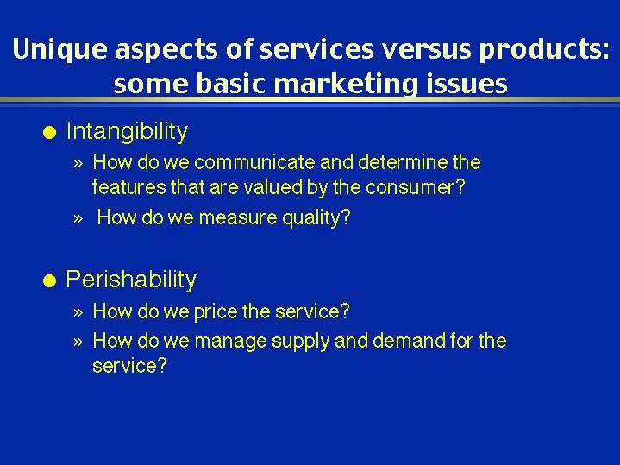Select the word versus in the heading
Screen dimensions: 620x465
click(426, 50)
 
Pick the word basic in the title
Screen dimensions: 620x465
click(230, 84)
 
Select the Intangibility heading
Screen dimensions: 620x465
click(127, 131)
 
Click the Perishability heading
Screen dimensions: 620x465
click(131, 280)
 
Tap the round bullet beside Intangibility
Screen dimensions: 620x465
click(50, 133)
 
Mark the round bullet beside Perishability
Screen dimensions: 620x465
click(50, 281)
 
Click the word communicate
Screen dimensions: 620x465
click(254, 162)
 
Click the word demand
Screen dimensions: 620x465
click(409, 341)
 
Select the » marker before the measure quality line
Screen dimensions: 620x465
click(78, 219)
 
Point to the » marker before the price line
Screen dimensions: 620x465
click(78, 312)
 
